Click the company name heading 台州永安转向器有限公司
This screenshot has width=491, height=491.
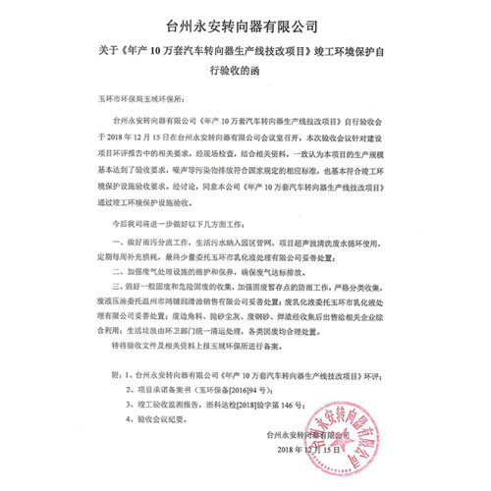245,20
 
